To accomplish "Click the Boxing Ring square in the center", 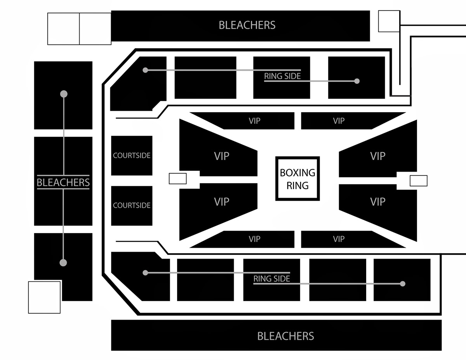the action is pyautogui.click(x=297, y=179).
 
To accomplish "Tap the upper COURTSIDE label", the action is pyautogui.click(x=132, y=155).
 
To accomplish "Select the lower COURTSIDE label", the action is pyautogui.click(x=132, y=205).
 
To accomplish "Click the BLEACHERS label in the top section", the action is pyautogui.click(x=247, y=25).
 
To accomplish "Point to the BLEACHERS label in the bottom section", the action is pyautogui.click(x=286, y=336).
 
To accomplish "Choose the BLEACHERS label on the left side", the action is pyautogui.click(x=63, y=183).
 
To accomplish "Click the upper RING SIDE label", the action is pyautogui.click(x=282, y=76).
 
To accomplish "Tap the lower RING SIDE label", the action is pyautogui.click(x=272, y=278).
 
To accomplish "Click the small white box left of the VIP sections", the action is pyautogui.click(x=178, y=179).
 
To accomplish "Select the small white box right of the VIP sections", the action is pyautogui.click(x=419, y=181).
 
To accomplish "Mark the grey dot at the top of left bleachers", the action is pyautogui.click(x=64, y=94).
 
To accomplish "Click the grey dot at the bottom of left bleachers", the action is pyautogui.click(x=63, y=263).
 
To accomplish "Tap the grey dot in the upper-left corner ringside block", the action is pyautogui.click(x=145, y=70).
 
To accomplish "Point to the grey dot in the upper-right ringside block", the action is pyautogui.click(x=357, y=81).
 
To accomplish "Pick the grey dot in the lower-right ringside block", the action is pyautogui.click(x=403, y=283).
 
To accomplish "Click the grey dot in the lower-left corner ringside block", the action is pyautogui.click(x=145, y=273).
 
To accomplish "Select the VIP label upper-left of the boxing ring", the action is pyautogui.click(x=221, y=156).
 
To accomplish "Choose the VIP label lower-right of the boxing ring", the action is pyautogui.click(x=377, y=202).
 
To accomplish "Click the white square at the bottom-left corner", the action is pyautogui.click(x=44, y=297).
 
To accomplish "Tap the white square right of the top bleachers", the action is pyautogui.click(x=389, y=21).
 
